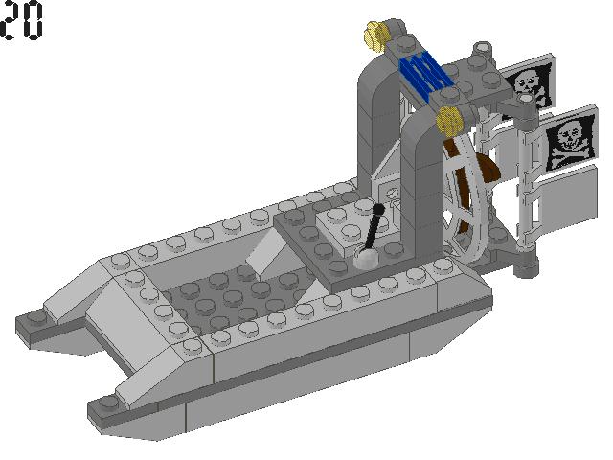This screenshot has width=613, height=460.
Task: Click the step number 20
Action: tap(22, 20)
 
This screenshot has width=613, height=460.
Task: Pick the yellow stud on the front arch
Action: tap(447, 121)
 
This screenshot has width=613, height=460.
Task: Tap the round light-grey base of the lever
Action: tap(368, 258)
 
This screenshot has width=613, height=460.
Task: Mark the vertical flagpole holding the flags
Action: tap(524, 192)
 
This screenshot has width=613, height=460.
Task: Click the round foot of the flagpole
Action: tap(524, 264)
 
